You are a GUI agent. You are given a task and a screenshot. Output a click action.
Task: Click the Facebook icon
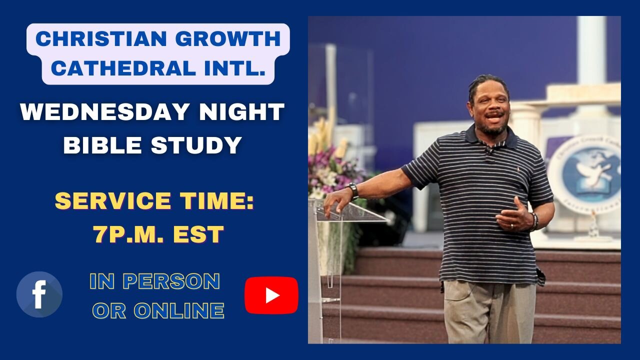[39, 294]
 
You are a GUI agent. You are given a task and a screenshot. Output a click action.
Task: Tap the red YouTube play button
[271, 295]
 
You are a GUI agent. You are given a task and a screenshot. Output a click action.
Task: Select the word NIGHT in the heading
[242, 112]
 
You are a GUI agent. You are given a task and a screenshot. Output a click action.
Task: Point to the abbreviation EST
[199, 234]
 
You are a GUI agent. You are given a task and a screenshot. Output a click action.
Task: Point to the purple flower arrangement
[332, 170]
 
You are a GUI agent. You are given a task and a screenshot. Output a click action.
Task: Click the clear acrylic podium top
[350, 212]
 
